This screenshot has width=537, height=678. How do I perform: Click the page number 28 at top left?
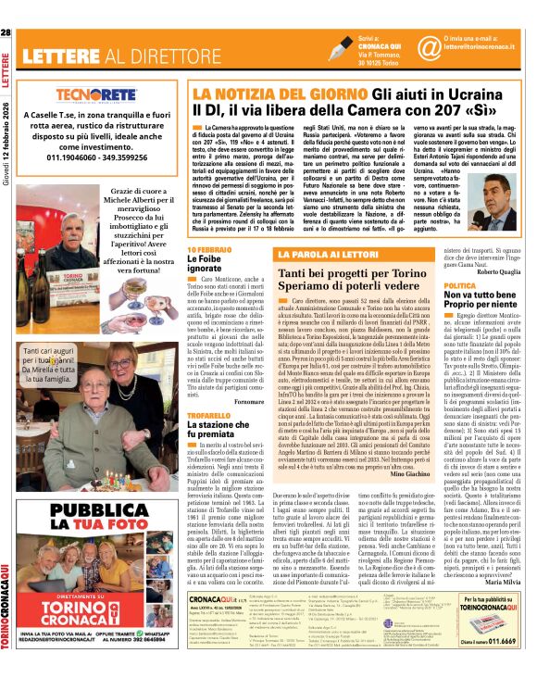6,33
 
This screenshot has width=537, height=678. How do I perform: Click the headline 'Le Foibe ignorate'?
206,265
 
